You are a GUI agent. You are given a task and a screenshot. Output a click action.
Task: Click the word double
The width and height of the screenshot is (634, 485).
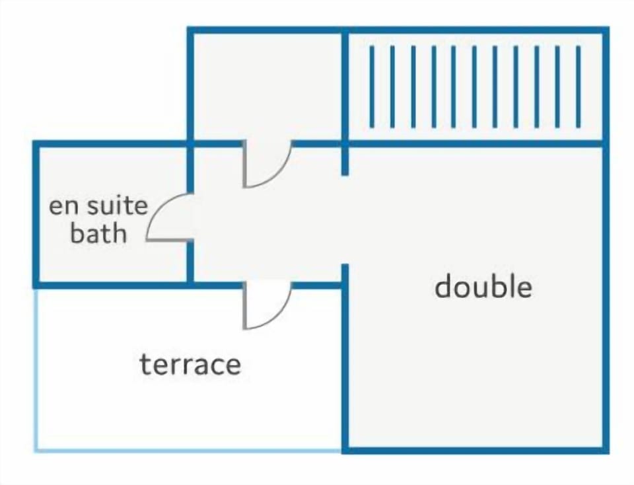point(483,286)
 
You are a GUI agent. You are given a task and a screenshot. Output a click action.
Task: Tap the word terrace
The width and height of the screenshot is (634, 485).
point(190,364)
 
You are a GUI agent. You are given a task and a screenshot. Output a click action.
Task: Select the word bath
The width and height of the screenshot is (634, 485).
point(98,233)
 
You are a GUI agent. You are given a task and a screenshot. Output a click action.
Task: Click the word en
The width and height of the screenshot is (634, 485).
point(63,207)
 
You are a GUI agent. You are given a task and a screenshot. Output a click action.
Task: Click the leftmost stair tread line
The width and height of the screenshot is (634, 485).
point(372,87)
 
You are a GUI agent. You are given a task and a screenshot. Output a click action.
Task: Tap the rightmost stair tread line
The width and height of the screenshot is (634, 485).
point(579,87)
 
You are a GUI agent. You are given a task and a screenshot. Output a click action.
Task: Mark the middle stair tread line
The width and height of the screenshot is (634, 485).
point(475,87)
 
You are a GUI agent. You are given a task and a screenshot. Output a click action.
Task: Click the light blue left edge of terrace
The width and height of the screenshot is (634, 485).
point(36,369)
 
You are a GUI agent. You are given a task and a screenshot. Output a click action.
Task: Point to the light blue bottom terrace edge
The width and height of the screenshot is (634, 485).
point(188,450)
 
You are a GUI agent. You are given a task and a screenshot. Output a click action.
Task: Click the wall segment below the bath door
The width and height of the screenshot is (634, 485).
point(190,261)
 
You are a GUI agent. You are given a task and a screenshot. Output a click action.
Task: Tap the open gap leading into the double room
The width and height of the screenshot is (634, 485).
point(345,219)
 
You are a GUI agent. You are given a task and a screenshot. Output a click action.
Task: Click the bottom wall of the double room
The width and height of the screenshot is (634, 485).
point(475,450)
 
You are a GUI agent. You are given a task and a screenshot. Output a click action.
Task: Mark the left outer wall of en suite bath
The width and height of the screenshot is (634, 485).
point(36,214)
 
